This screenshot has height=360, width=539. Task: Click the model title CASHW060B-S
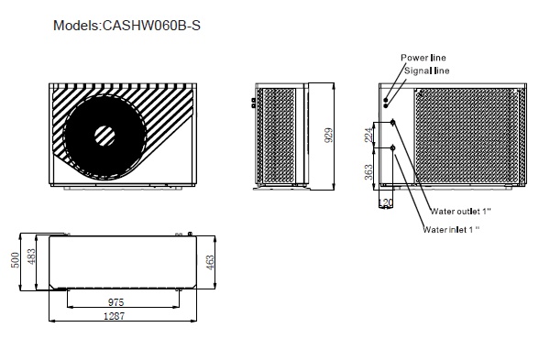tap(126, 26)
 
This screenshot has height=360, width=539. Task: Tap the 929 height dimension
tap(328, 135)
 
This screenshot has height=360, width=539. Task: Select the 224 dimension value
tap(368, 135)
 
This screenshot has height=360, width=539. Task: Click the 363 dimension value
tap(368, 172)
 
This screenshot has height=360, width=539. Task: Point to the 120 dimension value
tap(385, 202)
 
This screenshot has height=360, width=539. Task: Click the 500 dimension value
tap(15, 260)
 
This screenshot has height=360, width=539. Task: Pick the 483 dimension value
tap(31, 256)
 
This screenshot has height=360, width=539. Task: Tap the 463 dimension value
tap(210, 262)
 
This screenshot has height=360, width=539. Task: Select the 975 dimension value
tap(115, 302)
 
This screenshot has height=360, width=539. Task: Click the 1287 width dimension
tap(115, 316)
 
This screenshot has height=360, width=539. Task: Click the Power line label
tap(423, 58)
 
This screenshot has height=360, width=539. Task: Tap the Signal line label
tap(426, 71)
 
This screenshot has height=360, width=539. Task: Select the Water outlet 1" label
tap(460, 212)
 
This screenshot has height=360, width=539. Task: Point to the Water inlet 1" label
tap(451, 229)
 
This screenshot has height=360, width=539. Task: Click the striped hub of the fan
tap(104, 136)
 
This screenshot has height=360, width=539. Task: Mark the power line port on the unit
tap(386, 100)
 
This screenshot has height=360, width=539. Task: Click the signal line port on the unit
tap(386, 106)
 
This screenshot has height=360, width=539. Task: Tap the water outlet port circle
tap(392, 123)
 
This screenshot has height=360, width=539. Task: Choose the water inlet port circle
tap(392, 148)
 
